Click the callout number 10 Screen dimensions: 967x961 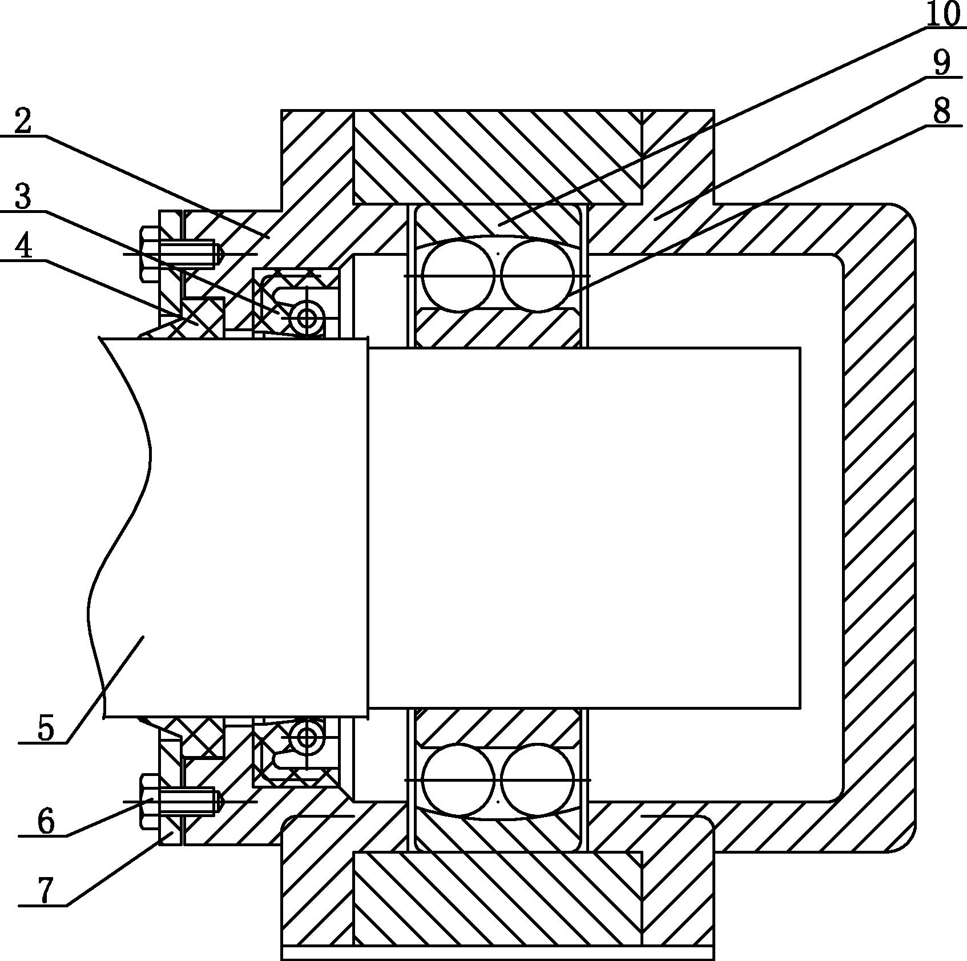point(942,15)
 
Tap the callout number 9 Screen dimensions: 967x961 point(942,62)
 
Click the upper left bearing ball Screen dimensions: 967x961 point(458,275)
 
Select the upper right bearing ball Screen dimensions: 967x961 point(537,275)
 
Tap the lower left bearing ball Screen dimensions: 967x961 point(458,780)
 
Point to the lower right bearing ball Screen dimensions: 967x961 point(537,780)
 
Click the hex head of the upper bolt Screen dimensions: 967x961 point(150,254)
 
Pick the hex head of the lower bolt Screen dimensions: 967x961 point(150,801)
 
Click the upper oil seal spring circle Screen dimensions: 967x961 point(307,317)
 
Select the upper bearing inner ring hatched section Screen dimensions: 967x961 point(497,328)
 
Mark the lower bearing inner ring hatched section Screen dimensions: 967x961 point(497,727)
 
